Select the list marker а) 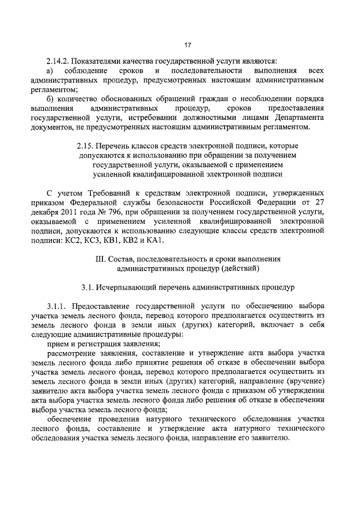click(50, 71)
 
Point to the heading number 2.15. click(87, 145)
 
